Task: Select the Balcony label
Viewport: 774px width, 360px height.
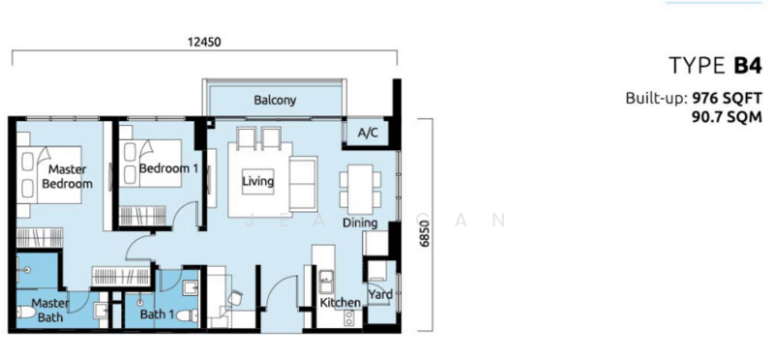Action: point(275,100)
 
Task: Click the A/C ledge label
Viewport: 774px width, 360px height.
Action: point(367,133)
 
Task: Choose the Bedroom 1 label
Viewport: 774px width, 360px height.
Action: point(168,168)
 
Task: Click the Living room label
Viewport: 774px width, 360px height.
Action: point(257,181)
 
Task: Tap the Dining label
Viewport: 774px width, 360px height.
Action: point(360,223)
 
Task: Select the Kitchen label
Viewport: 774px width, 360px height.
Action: point(341,303)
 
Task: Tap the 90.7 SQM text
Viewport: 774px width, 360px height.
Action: point(728,116)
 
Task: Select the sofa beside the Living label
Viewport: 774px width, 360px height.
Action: point(302,182)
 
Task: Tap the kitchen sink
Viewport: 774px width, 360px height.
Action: point(325,283)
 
